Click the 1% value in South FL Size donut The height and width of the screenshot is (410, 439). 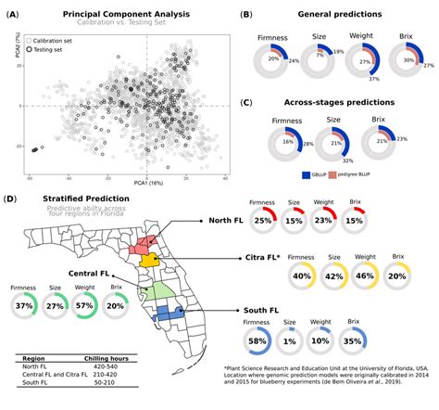289,341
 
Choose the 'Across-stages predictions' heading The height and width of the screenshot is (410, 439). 336,104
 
